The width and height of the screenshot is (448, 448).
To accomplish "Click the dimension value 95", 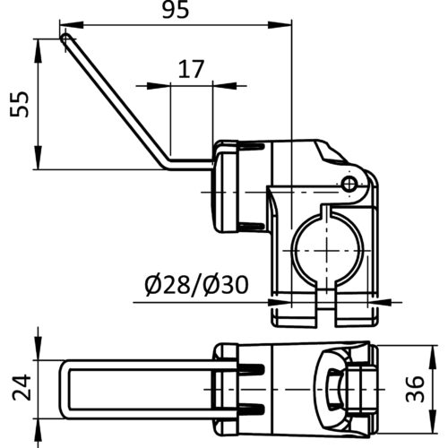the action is [x=176, y=10].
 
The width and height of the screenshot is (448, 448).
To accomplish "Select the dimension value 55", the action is [x=20, y=104].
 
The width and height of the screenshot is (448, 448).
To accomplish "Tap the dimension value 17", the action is [x=191, y=69].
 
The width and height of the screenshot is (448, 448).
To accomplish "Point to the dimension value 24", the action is [x=22, y=387].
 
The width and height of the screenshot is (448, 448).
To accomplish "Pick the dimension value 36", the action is [x=415, y=389].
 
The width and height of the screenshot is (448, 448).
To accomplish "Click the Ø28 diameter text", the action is [x=168, y=285].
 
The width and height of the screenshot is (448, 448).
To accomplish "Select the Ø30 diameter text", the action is [x=226, y=285].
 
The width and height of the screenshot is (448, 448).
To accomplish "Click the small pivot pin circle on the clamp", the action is [x=349, y=184].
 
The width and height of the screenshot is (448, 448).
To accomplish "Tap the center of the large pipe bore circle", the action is [x=327, y=250].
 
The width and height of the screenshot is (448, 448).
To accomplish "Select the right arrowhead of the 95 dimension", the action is [x=280, y=25].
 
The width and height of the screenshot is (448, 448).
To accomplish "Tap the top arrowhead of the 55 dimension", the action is [x=38, y=51].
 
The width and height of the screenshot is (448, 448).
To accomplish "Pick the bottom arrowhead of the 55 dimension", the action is [x=38, y=158].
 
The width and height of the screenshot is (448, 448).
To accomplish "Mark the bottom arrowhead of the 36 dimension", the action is [x=433, y=421].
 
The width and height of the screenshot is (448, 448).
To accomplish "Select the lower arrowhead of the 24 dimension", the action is [x=38, y=430].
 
